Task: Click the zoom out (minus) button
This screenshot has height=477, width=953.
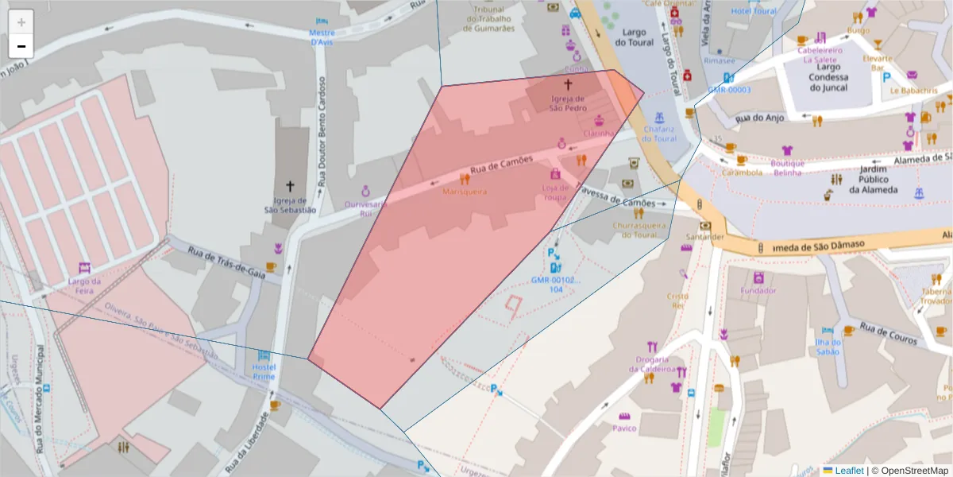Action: click(21, 46)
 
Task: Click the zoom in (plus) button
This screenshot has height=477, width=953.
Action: click(21, 22)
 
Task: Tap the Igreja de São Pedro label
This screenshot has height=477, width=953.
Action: click(569, 103)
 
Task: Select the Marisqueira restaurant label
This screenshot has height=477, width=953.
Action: click(465, 192)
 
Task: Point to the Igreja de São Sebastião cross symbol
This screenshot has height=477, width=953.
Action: click(290, 186)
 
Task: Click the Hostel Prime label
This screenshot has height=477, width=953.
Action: click(264, 371)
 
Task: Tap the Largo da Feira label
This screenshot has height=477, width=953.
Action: click(84, 285)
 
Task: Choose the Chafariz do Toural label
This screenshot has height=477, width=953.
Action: click(660, 133)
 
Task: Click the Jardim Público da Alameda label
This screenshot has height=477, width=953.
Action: click(872, 180)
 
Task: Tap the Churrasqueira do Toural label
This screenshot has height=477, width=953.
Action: click(639, 230)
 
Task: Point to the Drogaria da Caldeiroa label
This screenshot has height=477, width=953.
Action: click(652, 364)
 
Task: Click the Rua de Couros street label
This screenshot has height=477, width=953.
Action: click(889, 334)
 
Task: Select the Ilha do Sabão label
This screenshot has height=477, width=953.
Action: click(827, 347)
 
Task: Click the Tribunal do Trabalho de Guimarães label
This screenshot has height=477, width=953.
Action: click(488, 18)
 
